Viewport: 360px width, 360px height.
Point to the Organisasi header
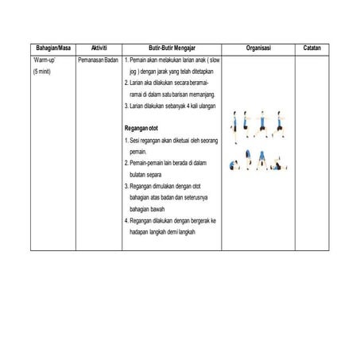tap(257, 48)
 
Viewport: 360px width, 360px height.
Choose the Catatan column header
tap(312, 48)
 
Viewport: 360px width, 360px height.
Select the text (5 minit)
tap(42, 72)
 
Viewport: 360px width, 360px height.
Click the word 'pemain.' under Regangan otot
tap(138, 150)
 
